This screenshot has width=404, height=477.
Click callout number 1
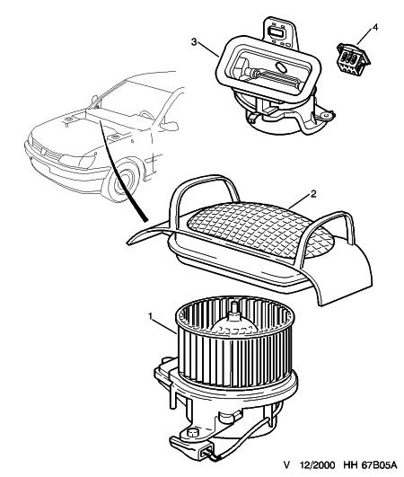coord(150,316)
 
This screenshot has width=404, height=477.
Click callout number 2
coord(313,193)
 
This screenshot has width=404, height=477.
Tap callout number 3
coord(194,41)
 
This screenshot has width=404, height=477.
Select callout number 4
coord(375,27)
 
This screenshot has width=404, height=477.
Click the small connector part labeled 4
coord(353,57)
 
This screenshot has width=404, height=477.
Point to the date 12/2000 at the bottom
coord(317,464)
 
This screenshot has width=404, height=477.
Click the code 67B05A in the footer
coord(380,464)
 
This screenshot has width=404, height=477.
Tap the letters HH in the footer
coord(350,464)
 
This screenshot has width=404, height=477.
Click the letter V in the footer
coord(286,464)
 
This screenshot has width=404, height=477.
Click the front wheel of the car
coord(122,182)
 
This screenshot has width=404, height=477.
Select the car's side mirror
coord(170,126)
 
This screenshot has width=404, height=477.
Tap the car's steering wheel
coord(147,115)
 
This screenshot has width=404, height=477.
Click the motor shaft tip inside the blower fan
coord(234,307)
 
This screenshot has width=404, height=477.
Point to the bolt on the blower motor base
coord(192,433)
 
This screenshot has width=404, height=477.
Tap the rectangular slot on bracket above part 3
coord(277,31)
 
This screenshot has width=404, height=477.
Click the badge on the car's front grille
coord(41,148)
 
